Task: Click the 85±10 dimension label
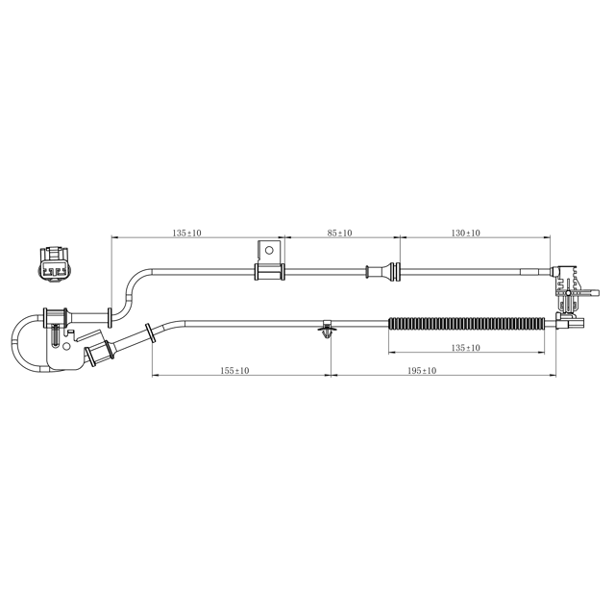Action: tap(339, 233)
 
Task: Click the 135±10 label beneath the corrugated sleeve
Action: tap(465, 347)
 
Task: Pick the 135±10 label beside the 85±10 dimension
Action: tap(186, 233)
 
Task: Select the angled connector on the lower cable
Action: tap(100, 351)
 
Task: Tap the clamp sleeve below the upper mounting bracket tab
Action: tap(269, 272)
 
